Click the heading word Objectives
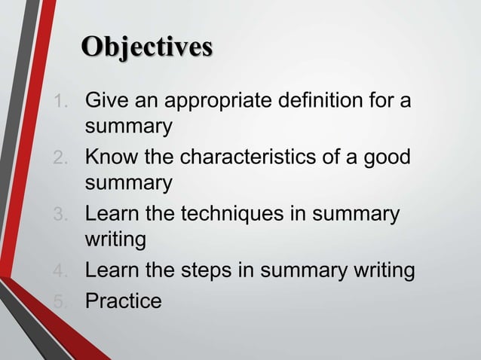tap(147, 47)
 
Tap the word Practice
tap(124, 301)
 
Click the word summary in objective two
tap(129, 183)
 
